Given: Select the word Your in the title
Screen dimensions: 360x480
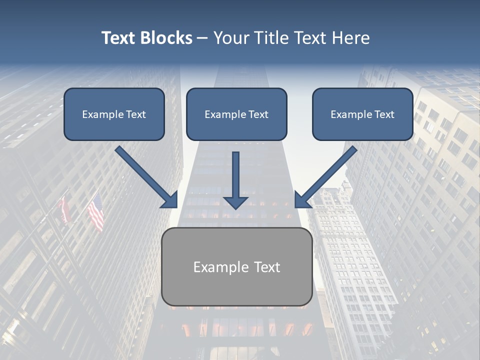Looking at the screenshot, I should click(230, 38).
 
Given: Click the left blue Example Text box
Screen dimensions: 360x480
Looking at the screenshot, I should click(114, 114).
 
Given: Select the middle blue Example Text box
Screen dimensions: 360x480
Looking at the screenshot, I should click(236, 114).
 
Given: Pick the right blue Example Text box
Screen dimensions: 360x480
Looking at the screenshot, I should click(362, 114).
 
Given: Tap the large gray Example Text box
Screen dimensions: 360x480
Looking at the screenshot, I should click(236, 267).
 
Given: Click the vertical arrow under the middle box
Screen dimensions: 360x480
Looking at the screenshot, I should click(236, 175).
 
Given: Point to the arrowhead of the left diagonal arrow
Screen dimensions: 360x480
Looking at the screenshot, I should click(170, 200).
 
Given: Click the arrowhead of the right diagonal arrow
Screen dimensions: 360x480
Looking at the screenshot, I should click(302, 200).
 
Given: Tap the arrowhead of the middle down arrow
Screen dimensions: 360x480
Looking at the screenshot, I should click(236, 202).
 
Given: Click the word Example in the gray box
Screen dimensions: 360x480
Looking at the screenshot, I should click(220, 267).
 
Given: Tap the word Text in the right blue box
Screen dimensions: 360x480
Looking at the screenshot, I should click(384, 114).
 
